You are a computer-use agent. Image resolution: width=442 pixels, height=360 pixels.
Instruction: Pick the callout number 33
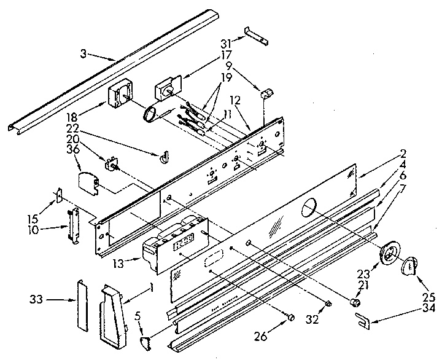point(36,300)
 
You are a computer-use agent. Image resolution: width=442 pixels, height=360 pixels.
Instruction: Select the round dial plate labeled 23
point(389,254)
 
